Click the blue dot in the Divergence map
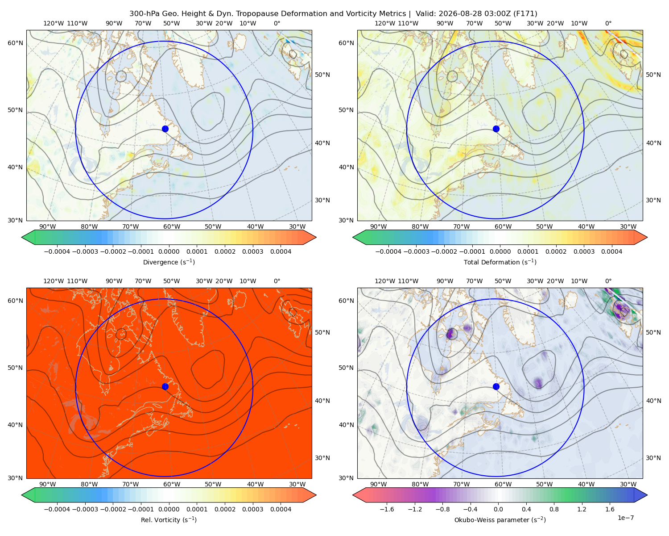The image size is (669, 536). click(165, 129)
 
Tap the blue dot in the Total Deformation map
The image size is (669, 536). click(496, 129)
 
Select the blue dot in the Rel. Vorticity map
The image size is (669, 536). click(165, 386)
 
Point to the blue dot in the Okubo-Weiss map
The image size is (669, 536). click(496, 386)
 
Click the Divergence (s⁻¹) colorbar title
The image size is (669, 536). click(169, 262)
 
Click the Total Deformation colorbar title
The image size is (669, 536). click(500, 262)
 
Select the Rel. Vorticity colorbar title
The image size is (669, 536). click(169, 519)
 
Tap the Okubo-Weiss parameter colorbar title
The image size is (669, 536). click(500, 519)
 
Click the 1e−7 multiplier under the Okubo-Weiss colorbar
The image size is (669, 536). click(625, 518)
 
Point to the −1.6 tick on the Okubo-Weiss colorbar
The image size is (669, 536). click(387, 509)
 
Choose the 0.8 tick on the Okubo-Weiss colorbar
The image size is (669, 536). click(554, 509)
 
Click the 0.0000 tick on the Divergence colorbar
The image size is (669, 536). click(169, 251)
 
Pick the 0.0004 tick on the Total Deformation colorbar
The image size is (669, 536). click(611, 251)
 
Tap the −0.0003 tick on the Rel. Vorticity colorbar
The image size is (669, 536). click(85, 509)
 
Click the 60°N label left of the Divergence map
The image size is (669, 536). click(15, 43)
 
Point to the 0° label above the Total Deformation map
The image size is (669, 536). click(608, 23)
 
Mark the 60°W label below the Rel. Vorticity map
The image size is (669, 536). click(172, 484)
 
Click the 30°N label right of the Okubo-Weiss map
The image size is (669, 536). click(653, 457)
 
